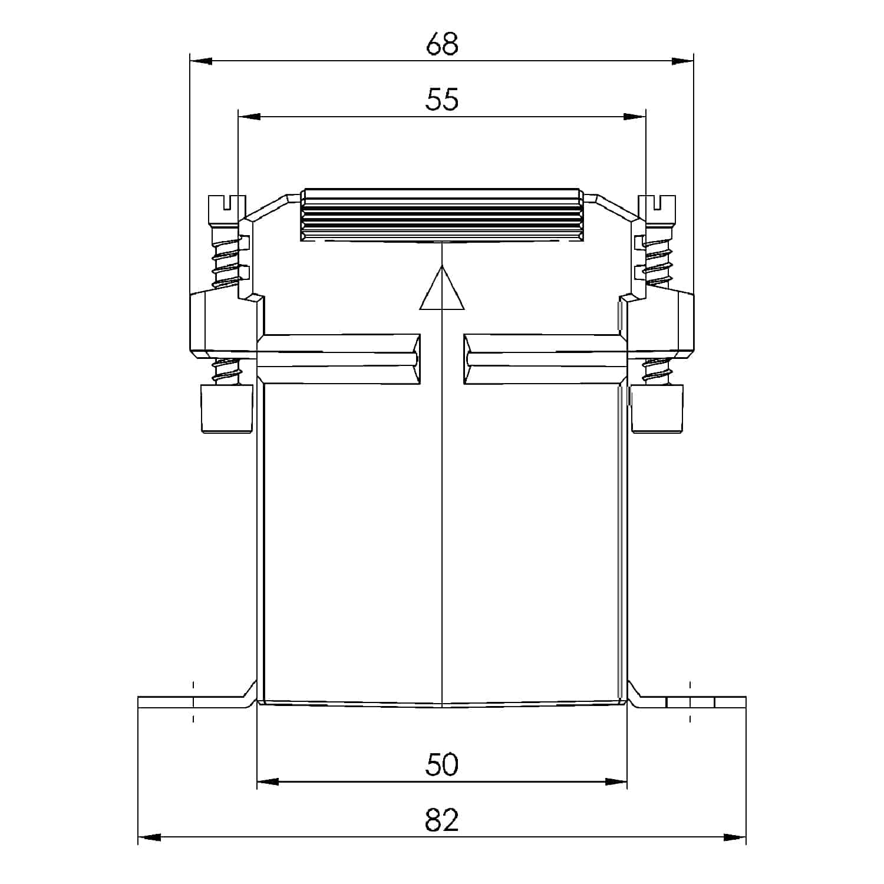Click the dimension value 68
[x=442, y=44]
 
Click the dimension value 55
[x=442, y=100]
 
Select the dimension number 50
[x=442, y=765]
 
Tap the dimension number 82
[x=442, y=820]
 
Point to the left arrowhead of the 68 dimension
[x=201, y=61]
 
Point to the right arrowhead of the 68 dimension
[x=682, y=61]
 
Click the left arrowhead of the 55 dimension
[x=249, y=117]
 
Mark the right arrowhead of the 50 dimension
[x=616, y=782]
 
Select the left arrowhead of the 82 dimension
[x=150, y=837]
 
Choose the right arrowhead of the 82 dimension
[x=734, y=837]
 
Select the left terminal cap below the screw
[x=227, y=409]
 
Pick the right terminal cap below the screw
[x=657, y=409]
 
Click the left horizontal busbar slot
[x=340, y=359]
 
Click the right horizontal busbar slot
[x=543, y=359]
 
